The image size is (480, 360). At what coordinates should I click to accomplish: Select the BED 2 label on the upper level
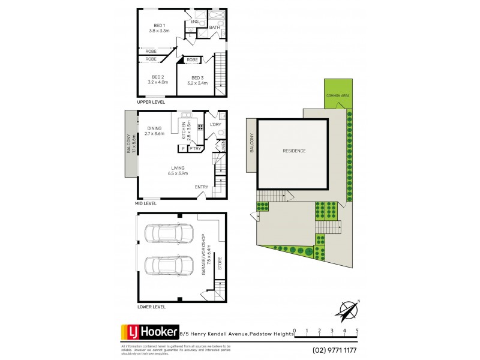[158, 77]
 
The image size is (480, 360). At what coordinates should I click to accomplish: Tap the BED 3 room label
[197, 78]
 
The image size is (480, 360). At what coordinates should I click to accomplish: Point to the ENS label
[194, 22]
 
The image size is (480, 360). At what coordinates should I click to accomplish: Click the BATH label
[214, 27]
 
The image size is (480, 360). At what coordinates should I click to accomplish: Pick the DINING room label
[154, 128]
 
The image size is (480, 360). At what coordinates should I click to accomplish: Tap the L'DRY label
[216, 124]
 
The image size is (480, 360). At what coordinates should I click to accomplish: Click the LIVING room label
[178, 168]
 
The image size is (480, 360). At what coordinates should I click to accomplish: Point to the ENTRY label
[202, 187]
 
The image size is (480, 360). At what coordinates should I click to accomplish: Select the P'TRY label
[194, 148]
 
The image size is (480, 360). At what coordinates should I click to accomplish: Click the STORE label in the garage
[220, 263]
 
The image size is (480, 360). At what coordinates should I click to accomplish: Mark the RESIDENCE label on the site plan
[294, 151]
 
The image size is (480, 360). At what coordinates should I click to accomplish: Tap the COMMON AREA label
[338, 96]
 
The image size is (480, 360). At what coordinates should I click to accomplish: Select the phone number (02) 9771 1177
[334, 350]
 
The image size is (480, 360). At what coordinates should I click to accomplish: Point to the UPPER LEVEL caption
[151, 102]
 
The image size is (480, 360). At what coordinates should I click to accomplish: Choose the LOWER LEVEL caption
[151, 307]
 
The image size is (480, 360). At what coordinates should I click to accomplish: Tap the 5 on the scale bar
[357, 331]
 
